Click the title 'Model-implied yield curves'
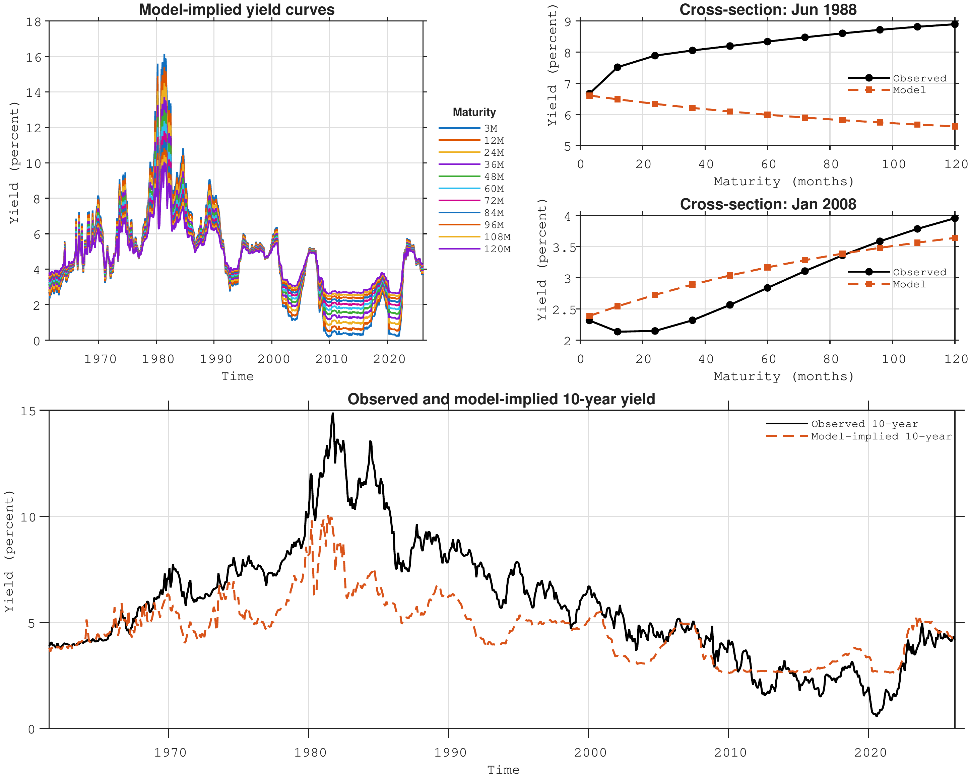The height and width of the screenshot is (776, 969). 237,9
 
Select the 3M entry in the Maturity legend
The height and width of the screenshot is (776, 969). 468,129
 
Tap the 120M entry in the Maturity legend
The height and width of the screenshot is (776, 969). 474,249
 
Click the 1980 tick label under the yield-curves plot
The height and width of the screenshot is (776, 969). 158,359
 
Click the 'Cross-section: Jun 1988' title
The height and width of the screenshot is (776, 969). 768,9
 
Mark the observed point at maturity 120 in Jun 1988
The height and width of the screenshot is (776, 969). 955,24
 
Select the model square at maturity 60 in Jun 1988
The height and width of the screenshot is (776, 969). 767,115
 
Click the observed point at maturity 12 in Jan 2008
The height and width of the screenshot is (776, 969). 618,332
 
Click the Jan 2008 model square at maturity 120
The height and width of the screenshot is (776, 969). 955,238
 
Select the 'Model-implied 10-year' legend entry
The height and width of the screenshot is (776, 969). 858,436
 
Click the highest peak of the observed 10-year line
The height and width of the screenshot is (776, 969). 333,413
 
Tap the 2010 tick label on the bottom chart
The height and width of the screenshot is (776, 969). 730,753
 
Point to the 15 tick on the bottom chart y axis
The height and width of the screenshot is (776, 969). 28,411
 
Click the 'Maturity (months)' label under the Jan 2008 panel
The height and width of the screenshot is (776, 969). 783,376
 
